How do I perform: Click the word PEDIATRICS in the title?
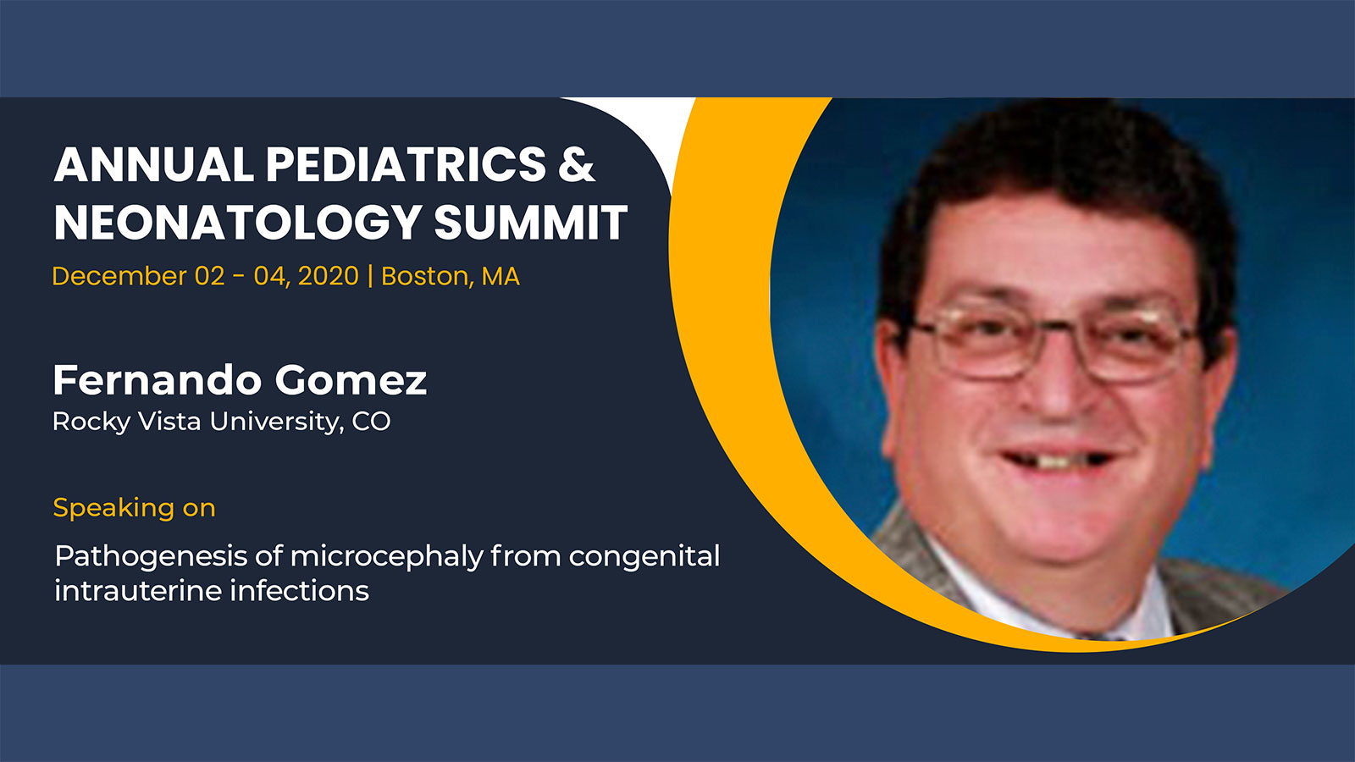406,164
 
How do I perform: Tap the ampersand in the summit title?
577,164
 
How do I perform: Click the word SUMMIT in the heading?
530,223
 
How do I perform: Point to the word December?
119,276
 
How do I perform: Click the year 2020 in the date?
329,276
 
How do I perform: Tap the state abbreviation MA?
501,276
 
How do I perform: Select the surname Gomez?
351,380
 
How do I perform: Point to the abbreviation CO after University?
372,422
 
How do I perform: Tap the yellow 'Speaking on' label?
135,507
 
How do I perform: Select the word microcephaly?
387,556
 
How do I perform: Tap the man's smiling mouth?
1059,460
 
